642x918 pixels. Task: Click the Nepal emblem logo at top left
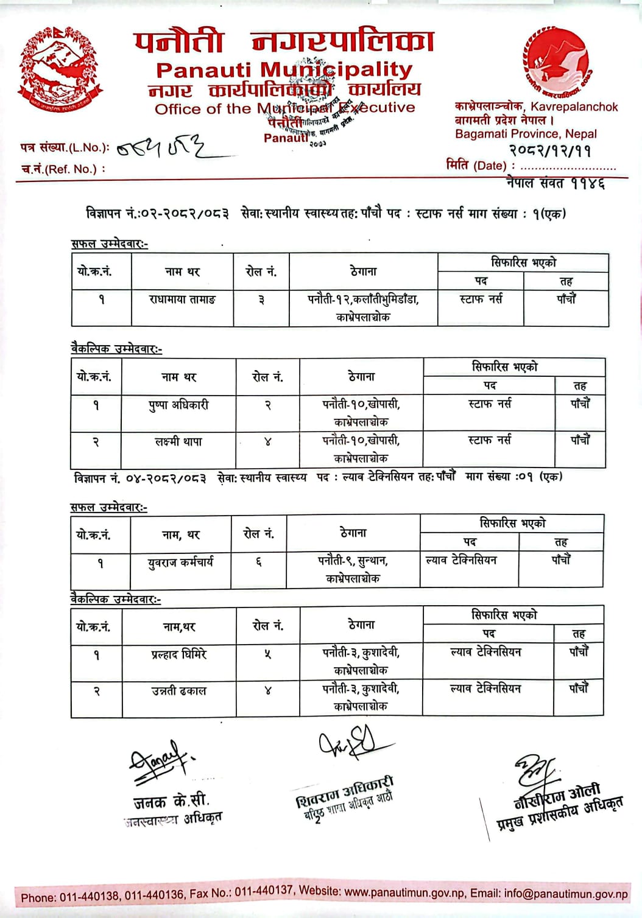(60, 69)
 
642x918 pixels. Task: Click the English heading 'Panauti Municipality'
(284, 70)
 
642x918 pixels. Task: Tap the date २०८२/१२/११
(550, 151)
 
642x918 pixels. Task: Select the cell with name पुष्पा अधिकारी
(178, 405)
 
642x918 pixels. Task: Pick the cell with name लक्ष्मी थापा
(178, 441)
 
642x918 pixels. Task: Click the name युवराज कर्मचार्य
(180, 562)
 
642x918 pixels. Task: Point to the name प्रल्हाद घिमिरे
(179, 654)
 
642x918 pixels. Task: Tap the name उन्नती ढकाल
(179, 691)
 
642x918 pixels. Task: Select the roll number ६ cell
(258, 562)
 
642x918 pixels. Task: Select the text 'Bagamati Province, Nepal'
(526, 134)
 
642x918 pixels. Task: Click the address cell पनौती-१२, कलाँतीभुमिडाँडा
(363, 307)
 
